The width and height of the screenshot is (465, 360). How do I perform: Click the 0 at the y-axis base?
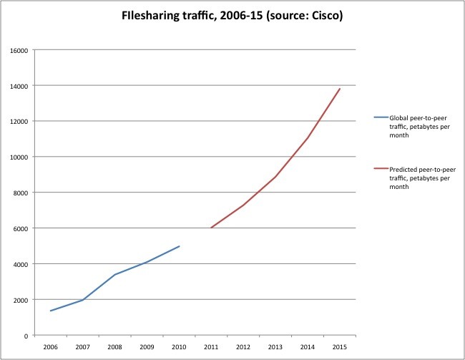26,336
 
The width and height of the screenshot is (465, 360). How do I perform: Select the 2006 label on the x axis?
50,346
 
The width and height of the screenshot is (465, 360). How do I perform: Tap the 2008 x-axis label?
114,346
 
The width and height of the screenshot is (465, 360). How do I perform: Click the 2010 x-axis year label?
179,346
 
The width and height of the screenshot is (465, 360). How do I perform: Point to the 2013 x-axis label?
275,346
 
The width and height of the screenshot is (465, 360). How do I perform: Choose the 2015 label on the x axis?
340,346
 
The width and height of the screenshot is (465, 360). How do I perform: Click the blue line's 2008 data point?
114,275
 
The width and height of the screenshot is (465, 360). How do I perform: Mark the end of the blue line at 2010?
179,246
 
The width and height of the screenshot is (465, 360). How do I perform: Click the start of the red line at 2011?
211,228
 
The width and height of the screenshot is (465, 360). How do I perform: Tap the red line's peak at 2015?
340,88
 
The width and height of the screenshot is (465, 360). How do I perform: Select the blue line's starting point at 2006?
50,311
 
